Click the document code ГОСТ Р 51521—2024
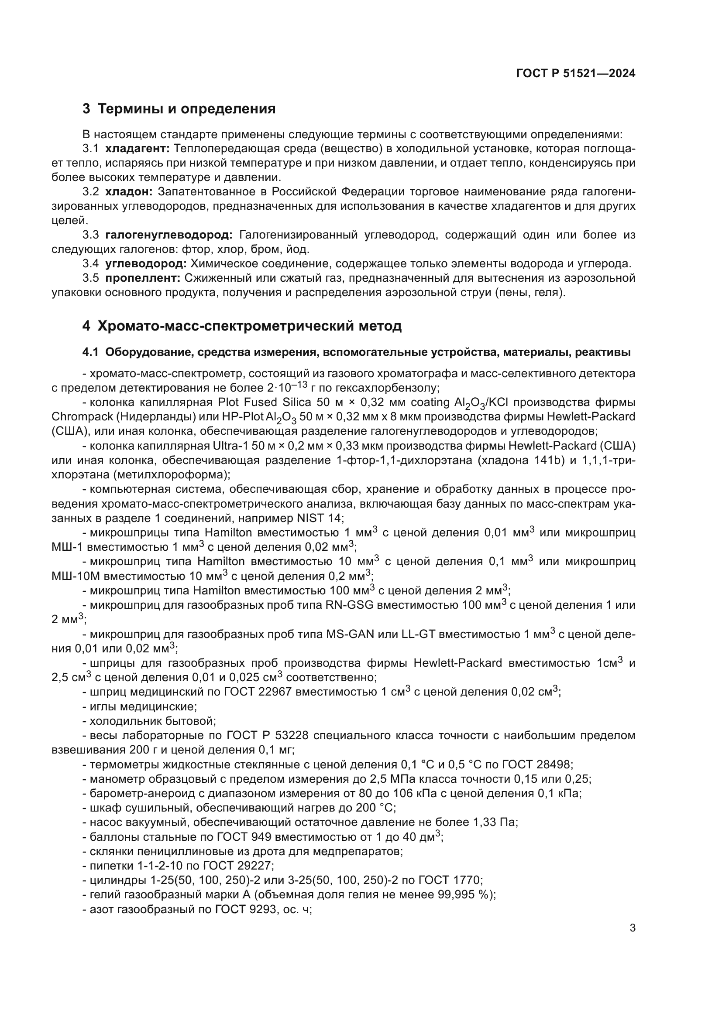pyautogui.click(x=576, y=74)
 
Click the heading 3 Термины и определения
pyautogui.click(x=179, y=109)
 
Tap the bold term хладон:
pyautogui.click(x=129, y=192)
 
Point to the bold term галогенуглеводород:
pyautogui.click(x=169, y=235)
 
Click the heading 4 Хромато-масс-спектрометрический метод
pyautogui.click(x=242, y=326)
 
